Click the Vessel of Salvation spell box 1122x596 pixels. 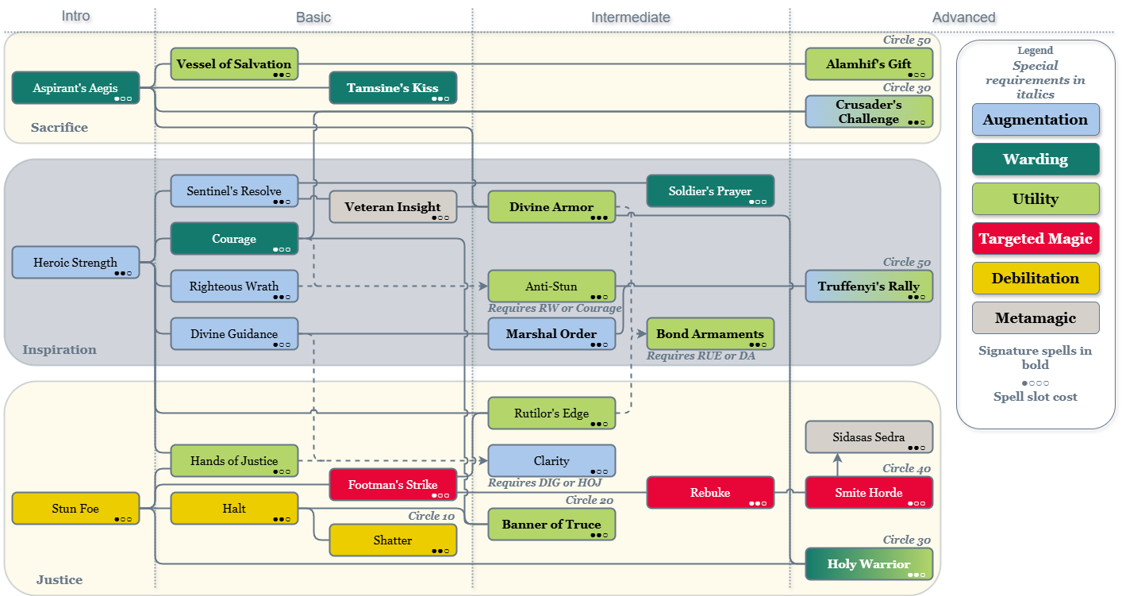(x=234, y=64)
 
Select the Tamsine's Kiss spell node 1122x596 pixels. (x=393, y=88)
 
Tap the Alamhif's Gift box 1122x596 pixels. (x=869, y=64)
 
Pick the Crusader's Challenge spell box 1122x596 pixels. (x=869, y=112)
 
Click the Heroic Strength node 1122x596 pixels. (x=75, y=263)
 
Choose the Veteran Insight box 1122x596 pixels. (x=393, y=207)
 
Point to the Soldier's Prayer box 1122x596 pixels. (x=710, y=191)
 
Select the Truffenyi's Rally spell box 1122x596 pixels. (x=869, y=286)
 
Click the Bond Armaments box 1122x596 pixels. (x=710, y=334)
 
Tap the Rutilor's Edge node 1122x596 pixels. (x=551, y=413)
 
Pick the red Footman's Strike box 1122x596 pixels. (x=393, y=485)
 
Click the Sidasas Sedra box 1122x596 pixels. (x=869, y=437)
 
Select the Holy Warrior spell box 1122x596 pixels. (x=869, y=564)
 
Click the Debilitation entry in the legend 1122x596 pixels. (x=1036, y=279)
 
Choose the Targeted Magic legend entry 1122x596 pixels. (x=1036, y=239)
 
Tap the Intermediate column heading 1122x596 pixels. (x=631, y=17)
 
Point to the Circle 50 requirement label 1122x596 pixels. (x=908, y=40)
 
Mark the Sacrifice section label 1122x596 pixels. (x=60, y=128)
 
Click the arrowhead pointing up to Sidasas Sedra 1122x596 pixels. (x=837, y=458)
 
